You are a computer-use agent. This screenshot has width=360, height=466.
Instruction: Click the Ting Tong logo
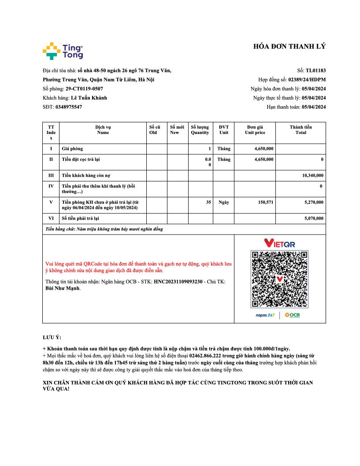pyautogui.click(x=63, y=51)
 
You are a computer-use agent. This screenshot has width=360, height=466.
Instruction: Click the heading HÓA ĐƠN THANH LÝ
pyautogui.click(x=289, y=47)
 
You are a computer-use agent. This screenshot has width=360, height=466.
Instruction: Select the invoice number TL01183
pyautogui.click(x=315, y=71)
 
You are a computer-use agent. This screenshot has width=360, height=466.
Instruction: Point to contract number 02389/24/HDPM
pyautogui.click(x=307, y=80)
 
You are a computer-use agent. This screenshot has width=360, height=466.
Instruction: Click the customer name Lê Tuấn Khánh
pyautogui.click(x=89, y=98)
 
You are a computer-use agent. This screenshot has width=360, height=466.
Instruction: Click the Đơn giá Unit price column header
pyautogui.click(x=255, y=130)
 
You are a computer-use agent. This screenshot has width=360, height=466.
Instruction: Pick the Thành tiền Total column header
pyautogui.click(x=301, y=130)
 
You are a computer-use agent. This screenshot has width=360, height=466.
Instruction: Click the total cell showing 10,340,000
pyautogui.click(x=312, y=175)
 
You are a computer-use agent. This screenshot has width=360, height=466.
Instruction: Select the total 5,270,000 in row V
pyautogui.click(x=314, y=202)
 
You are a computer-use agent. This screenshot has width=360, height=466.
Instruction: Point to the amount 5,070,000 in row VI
pyautogui.click(x=314, y=218)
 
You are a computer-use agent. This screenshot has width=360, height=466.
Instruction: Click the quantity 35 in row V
pyautogui.click(x=208, y=202)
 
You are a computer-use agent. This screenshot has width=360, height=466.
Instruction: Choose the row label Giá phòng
pyautogui.click(x=72, y=149)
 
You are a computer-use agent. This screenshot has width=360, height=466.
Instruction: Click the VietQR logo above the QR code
pyautogui.click(x=279, y=243)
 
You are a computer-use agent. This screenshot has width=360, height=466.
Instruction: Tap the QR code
pyautogui.click(x=279, y=279)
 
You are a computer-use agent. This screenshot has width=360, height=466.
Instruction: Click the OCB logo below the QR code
pyautogui.click(x=292, y=315)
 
